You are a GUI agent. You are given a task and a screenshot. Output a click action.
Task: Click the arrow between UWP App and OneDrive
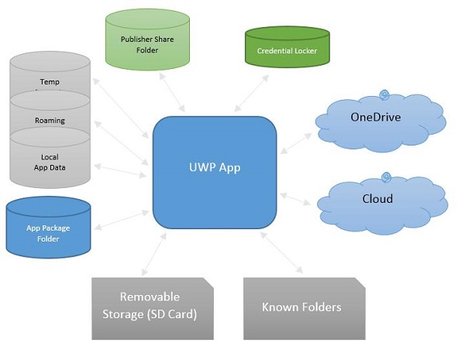[x=296, y=140]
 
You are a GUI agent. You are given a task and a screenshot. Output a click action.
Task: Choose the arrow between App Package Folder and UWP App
[x=116, y=217]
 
